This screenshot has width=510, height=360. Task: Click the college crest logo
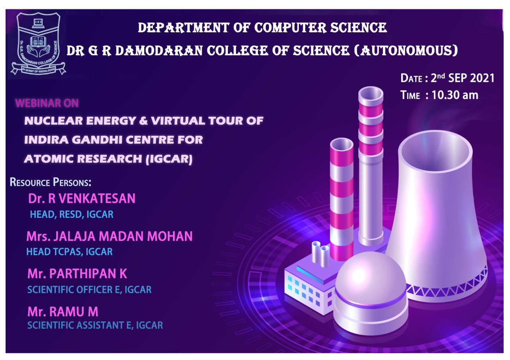coord(38,43)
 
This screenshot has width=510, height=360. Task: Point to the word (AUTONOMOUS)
coord(404,51)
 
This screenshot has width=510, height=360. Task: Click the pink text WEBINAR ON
coord(47,104)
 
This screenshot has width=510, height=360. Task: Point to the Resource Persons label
coord(51,183)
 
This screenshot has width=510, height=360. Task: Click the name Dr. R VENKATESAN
coord(82,198)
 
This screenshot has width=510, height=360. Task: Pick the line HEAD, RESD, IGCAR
coord(72,215)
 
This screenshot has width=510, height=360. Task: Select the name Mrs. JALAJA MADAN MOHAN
coord(109,236)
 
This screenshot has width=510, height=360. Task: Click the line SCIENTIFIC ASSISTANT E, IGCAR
coord(95,325)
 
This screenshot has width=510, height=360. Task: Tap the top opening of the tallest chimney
coord(370,94)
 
